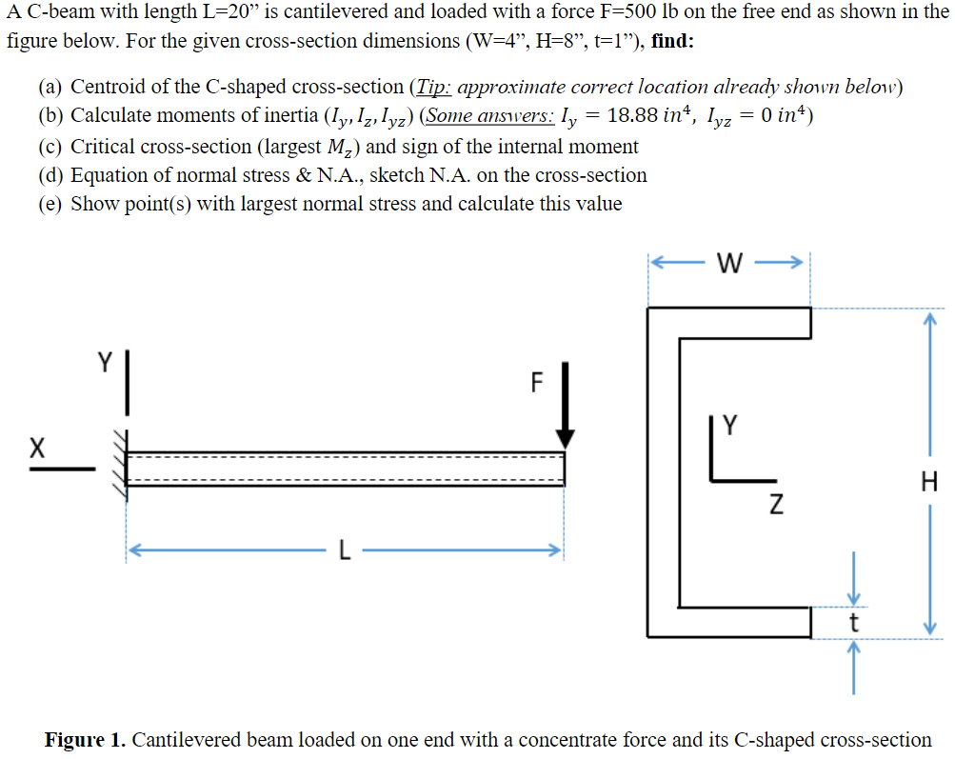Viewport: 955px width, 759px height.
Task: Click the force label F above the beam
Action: point(537,383)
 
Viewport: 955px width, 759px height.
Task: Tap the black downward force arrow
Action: point(566,405)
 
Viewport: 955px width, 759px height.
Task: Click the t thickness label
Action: point(853,624)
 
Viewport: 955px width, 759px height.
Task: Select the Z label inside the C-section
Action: point(776,503)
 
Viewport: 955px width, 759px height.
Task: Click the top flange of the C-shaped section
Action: point(729,323)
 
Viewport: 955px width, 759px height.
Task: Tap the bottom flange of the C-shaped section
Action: point(729,623)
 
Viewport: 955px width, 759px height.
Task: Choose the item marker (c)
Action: point(52,147)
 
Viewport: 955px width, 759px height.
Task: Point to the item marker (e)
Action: point(52,204)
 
